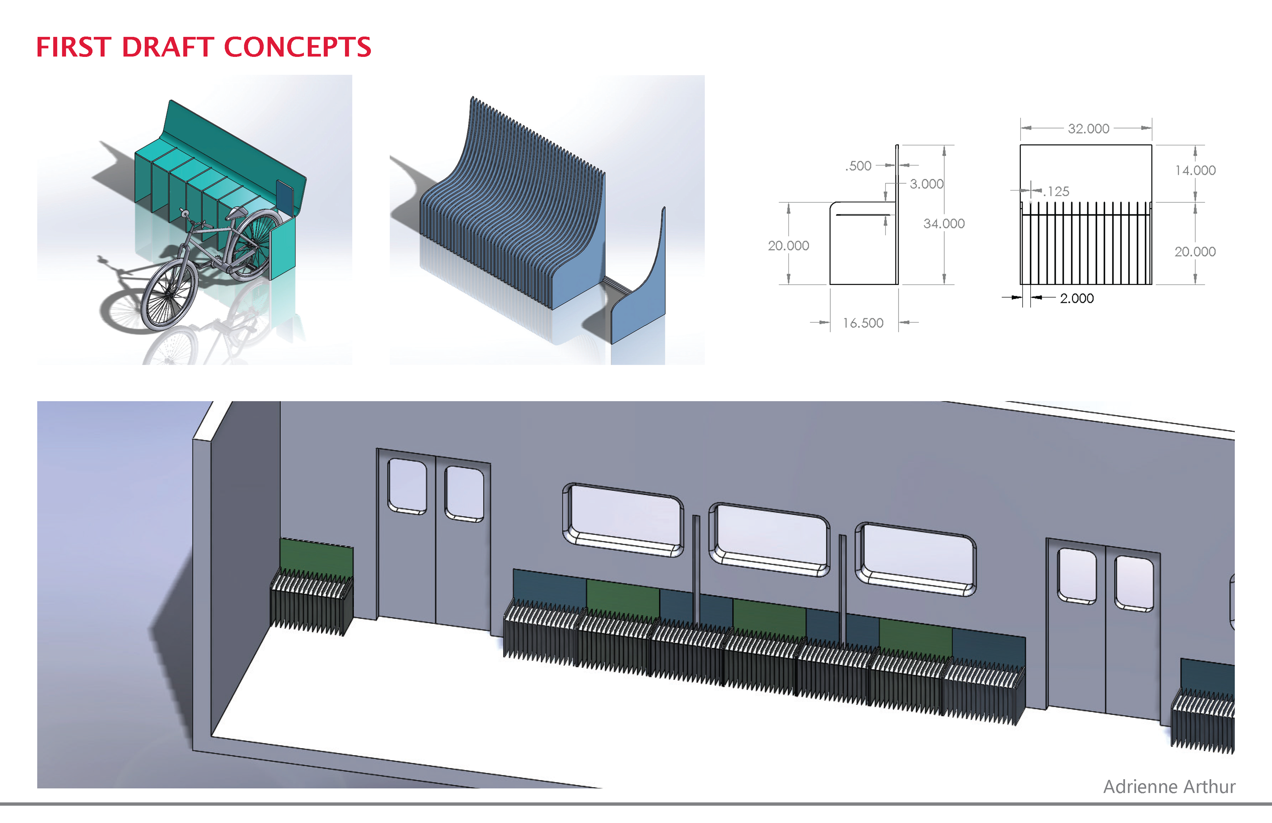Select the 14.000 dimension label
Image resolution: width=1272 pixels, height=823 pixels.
(1195, 171)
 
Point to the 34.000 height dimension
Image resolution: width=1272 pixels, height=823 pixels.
(944, 223)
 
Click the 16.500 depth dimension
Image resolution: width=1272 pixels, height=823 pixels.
(863, 323)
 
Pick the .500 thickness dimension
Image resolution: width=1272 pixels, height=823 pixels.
(858, 166)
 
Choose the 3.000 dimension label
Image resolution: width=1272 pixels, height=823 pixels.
(926, 184)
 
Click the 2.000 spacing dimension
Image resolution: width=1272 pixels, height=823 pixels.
(1076, 298)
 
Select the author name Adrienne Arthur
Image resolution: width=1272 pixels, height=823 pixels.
(1169, 787)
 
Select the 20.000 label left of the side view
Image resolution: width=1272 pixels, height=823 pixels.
(788, 246)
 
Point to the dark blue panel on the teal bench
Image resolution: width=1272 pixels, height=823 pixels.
(284, 197)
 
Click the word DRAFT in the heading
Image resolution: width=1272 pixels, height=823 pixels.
(168, 47)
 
